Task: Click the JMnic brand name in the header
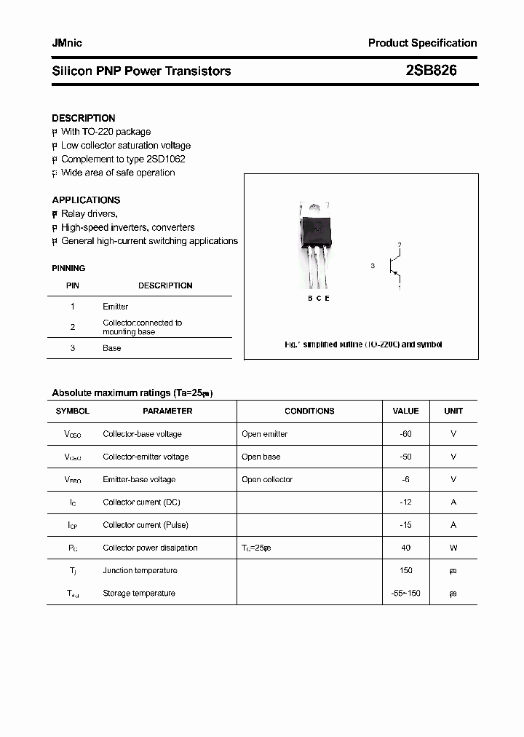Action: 67,43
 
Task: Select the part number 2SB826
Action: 431,71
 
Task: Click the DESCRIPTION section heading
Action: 83,118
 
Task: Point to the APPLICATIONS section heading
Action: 86,200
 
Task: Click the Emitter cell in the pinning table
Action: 115,307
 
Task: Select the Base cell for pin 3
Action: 111,348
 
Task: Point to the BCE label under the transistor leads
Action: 318,299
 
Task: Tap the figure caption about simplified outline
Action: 363,344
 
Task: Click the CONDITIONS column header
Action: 309,411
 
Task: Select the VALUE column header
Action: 405,411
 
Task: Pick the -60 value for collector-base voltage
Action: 405,434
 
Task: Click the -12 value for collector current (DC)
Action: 405,502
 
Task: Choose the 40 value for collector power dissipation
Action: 405,548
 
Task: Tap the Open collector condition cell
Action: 267,479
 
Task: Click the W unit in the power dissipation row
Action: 453,548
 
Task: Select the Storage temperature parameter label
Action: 139,594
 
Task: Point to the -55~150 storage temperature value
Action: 405,594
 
